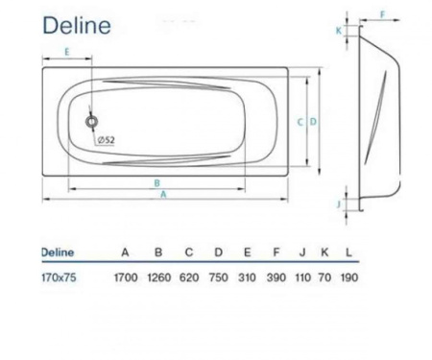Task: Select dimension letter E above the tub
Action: click(x=66, y=52)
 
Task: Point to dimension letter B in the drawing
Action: click(x=156, y=180)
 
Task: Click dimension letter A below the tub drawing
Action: click(x=163, y=194)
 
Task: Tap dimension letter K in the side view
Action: click(x=338, y=30)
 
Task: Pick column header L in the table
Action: click(x=348, y=252)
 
